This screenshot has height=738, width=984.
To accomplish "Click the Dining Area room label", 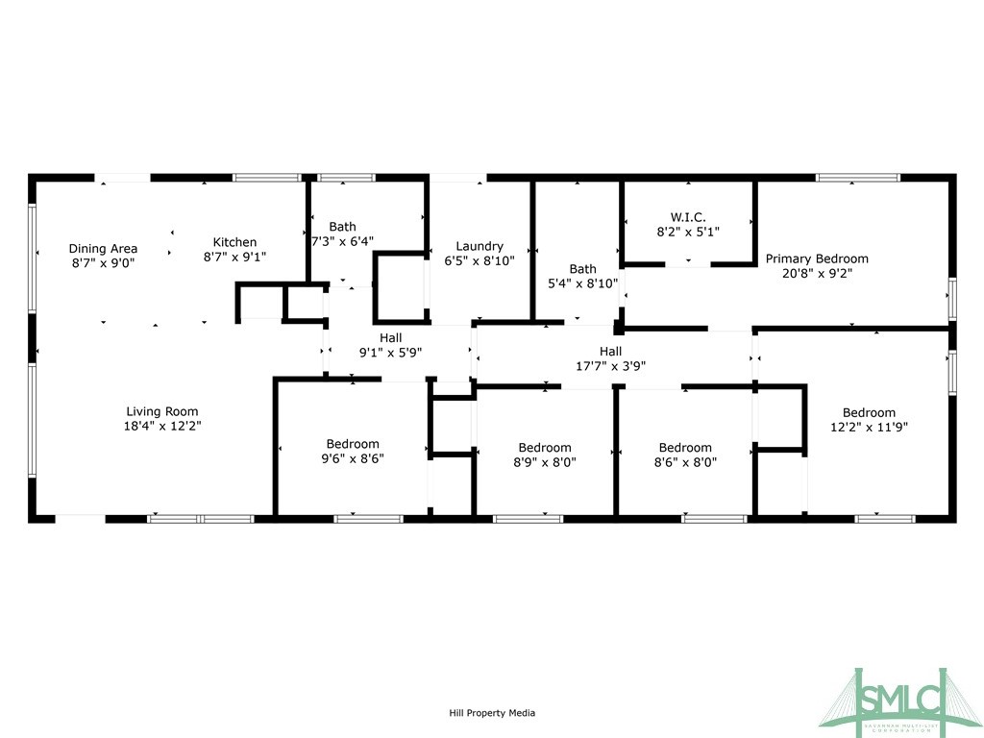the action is [103, 249].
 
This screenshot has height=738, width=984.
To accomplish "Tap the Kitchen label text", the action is [234, 242].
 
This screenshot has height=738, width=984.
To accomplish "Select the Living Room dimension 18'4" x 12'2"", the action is [162, 426].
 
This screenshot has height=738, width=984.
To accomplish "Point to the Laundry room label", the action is [480, 247].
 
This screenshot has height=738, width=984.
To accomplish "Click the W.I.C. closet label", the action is [688, 217].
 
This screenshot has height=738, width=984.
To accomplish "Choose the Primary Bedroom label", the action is [817, 258].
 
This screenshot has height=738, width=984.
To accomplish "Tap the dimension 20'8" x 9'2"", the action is [817, 273].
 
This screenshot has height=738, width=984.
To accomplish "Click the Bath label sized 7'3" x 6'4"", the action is [343, 227].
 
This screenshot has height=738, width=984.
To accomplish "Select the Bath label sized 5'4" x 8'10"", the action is [583, 269].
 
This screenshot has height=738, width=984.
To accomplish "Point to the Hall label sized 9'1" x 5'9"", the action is [390, 338].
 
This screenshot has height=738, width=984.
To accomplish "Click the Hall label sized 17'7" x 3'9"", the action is [610, 352].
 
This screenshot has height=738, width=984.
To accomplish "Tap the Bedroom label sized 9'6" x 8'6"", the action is [353, 444].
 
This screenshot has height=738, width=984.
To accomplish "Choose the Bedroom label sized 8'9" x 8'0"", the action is [545, 448].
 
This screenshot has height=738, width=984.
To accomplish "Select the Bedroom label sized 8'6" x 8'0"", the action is [685, 448].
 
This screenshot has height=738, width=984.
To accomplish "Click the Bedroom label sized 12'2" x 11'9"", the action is [869, 413].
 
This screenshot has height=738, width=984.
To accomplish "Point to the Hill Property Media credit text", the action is [492, 713].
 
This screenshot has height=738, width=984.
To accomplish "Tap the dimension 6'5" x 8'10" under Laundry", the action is [480, 261].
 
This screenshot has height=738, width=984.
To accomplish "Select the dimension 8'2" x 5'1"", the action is [688, 232].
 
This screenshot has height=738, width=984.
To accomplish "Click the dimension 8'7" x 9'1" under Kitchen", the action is [234, 257].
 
